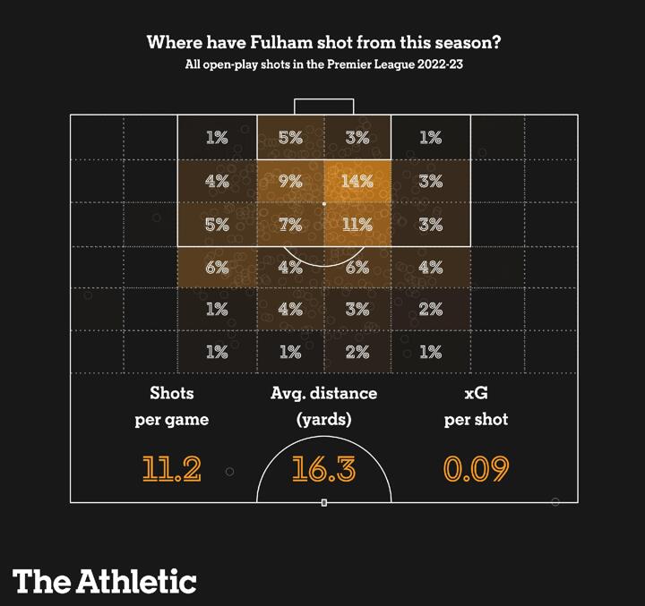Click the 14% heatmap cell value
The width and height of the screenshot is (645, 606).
[357, 181]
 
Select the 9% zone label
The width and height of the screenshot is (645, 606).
[290, 181]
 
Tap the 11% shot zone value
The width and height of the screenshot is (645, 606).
[357, 224]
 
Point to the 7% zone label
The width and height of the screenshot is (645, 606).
[290, 224]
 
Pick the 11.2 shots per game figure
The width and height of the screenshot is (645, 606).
[172, 469]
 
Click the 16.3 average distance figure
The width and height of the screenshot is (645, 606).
[323, 469]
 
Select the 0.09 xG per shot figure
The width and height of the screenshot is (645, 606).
[476, 469]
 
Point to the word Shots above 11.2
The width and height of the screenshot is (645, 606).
[172, 393]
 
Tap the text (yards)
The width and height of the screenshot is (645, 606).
[323, 420]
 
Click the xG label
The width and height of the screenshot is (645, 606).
[476, 393]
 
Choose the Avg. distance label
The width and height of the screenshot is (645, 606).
[323, 393]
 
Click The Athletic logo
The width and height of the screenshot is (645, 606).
[105, 581]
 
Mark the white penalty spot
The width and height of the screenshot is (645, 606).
[324, 204]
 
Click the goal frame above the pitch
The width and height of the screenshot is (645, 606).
[324, 106]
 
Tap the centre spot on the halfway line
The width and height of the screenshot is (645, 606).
[324, 502]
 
